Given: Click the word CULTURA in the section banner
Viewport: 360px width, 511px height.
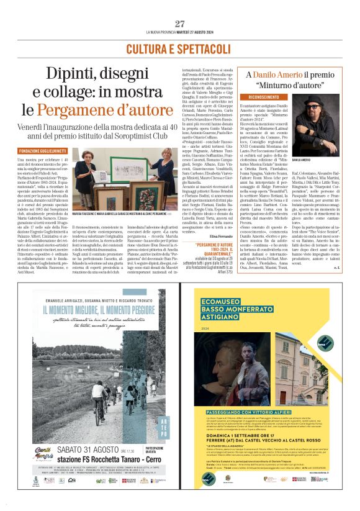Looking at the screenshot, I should tap(151, 48).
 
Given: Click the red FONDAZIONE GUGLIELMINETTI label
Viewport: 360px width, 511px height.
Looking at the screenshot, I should tap(43, 150).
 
